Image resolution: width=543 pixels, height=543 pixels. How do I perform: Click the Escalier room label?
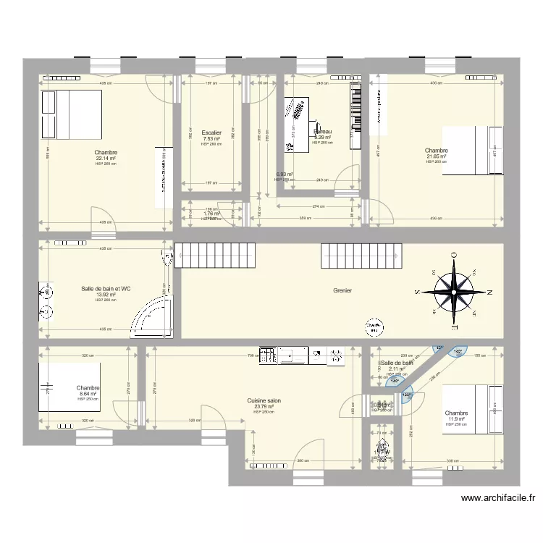pos(211,132)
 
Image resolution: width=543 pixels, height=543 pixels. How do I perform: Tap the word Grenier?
pos(342,290)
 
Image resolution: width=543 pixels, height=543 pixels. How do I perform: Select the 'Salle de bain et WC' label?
pos(106,289)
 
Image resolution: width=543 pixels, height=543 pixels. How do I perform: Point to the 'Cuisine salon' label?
pos(264,400)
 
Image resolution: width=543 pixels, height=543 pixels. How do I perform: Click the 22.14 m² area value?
pos(106,159)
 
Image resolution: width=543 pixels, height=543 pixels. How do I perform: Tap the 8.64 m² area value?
pos(88,394)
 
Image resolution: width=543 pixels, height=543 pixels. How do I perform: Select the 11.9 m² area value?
pos(457,419)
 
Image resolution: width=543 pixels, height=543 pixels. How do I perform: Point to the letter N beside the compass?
pos(490,292)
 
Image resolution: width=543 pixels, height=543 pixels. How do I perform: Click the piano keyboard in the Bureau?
pos(355,115)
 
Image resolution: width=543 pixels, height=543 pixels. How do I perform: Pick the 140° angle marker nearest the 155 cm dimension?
pos(458,353)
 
